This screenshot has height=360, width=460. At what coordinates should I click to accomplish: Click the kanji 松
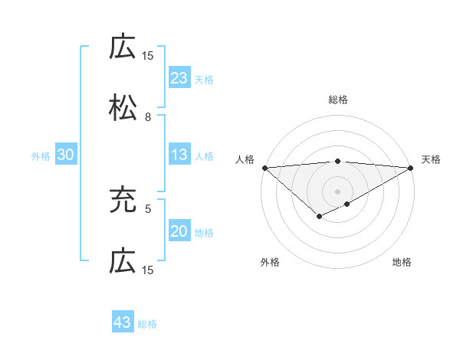pyautogui.click(x=123, y=108)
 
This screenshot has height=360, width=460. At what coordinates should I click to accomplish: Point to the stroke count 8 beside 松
pyautogui.click(x=147, y=117)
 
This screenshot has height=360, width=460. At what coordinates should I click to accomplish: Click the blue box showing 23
pyautogui.click(x=179, y=78)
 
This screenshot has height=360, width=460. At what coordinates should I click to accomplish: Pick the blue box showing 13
pyautogui.click(x=179, y=155)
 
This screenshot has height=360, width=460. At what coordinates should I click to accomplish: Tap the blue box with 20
pyautogui.click(x=179, y=231)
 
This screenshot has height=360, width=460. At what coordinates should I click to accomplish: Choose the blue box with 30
pyautogui.click(x=66, y=155)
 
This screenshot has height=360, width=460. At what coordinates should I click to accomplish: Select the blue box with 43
pyautogui.click(x=123, y=322)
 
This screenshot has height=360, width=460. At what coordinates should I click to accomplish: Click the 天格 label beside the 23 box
pyautogui.click(x=204, y=79)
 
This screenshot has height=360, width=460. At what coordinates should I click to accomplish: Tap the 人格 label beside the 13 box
pyautogui.click(x=204, y=156)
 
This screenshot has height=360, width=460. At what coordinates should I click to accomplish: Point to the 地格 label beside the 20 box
pyautogui.click(x=204, y=232)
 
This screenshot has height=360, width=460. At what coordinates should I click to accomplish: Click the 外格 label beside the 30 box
pyautogui.click(x=41, y=156)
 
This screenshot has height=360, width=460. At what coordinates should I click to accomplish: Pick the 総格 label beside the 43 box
pyautogui.click(x=147, y=324)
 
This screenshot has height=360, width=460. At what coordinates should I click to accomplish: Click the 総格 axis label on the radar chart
pyautogui.click(x=337, y=100)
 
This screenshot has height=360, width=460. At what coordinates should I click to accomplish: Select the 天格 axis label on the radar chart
pyautogui.click(x=431, y=159)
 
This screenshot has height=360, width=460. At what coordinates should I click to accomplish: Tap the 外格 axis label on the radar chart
pyautogui.click(x=270, y=262)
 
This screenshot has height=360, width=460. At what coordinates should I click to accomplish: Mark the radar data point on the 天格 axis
pyautogui.click(x=411, y=168)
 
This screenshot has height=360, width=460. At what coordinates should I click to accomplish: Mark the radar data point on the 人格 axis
pyautogui.click(x=264, y=168)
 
